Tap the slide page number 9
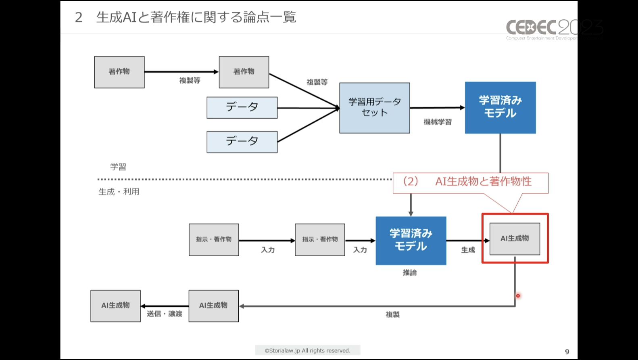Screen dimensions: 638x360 point(567,352)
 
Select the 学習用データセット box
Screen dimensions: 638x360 point(375,108)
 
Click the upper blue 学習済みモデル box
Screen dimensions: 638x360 point(500,108)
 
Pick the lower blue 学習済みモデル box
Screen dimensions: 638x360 point(411,241)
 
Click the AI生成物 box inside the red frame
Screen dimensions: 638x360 point(515,239)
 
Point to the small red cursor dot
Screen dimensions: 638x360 point(518,296)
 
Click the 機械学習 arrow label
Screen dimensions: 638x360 point(438,122)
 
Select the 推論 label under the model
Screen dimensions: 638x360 point(410,273)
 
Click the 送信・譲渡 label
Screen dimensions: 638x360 point(165,314)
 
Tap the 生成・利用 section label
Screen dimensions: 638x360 point(119,192)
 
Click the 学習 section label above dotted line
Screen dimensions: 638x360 point(118,167)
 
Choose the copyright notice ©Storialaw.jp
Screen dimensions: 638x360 point(308,351)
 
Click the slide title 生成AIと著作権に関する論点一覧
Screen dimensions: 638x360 point(196,17)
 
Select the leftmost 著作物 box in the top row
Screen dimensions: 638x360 point(119,72)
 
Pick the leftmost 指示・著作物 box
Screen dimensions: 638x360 point(214,240)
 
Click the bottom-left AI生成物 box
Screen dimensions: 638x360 point(115,306)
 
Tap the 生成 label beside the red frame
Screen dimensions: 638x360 point(468,250)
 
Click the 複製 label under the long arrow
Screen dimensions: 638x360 point(392,314)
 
